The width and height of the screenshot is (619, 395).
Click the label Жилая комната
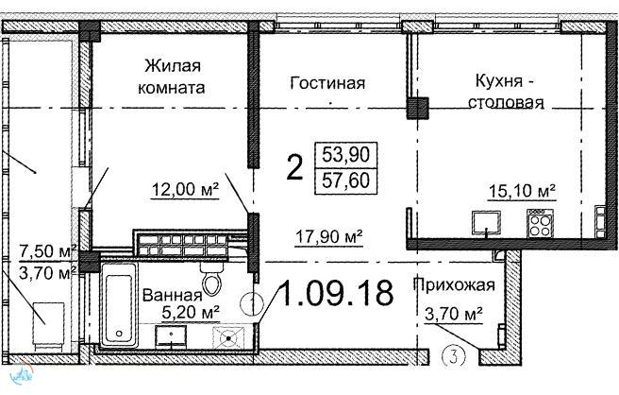tap(172, 77)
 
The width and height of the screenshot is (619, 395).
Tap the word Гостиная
tap(327, 83)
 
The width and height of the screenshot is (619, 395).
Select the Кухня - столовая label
tap(506, 92)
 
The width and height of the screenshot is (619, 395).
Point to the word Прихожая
tap(454, 284)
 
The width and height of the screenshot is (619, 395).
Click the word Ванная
tap(172, 296)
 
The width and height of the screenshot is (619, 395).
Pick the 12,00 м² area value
tap(185, 190)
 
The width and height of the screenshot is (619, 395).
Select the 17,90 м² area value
tap(328, 237)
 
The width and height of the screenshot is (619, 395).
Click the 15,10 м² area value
tap(522, 192)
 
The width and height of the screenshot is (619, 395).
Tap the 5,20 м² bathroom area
tap(191, 313)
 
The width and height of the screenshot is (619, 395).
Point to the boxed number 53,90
tap(345, 154)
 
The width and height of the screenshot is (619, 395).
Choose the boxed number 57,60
tap(345, 180)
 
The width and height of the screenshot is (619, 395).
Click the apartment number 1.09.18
tap(336, 293)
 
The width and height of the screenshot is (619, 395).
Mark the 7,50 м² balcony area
tap(48, 251)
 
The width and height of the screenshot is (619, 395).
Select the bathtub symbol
tap(120, 305)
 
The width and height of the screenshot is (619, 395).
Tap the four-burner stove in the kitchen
tap(540, 223)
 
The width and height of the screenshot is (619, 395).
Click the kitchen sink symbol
tap(486, 223)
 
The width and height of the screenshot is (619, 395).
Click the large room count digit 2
tap(295, 167)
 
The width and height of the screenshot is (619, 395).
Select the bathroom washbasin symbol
tap(171, 336)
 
